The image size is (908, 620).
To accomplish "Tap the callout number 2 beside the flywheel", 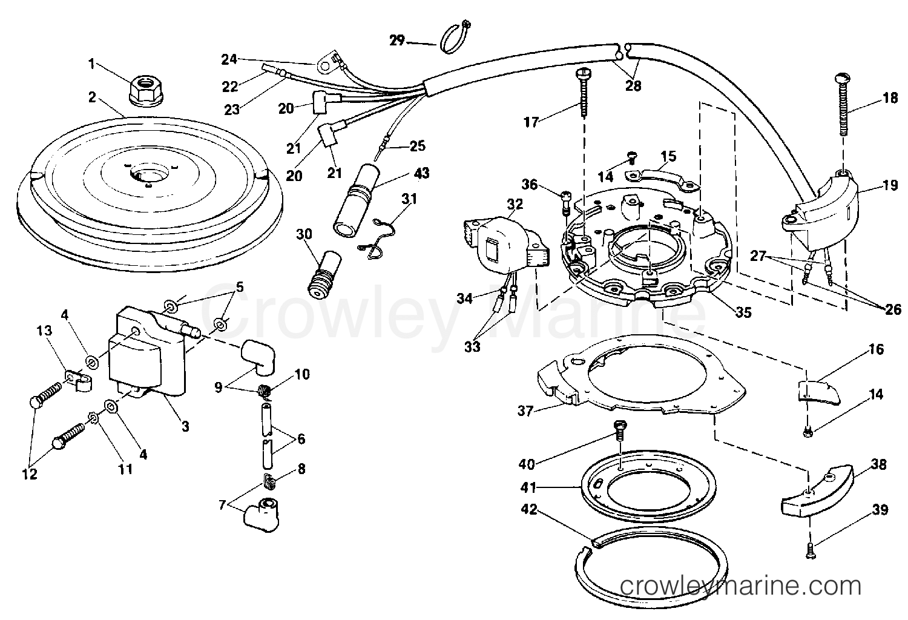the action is coord(93,97).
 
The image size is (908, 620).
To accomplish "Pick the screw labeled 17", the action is coord(584,93).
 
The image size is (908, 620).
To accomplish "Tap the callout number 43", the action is coord(421,173).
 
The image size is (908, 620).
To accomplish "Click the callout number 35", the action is coord(743,312).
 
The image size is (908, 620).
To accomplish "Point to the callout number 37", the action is coord(525,411).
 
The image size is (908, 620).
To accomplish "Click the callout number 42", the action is coord(528,509).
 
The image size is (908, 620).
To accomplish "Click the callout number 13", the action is coord(44,331).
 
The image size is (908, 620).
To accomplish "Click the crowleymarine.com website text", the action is coord(740,586).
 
